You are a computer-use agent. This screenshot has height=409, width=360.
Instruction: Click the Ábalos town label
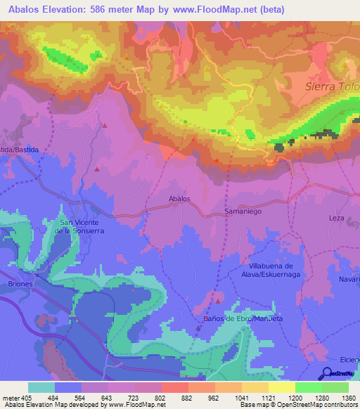click(x=179, y=199)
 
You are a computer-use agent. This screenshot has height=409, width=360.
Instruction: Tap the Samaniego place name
click(x=243, y=211)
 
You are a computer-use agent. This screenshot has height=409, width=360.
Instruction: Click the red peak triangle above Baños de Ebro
click(x=219, y=301)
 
